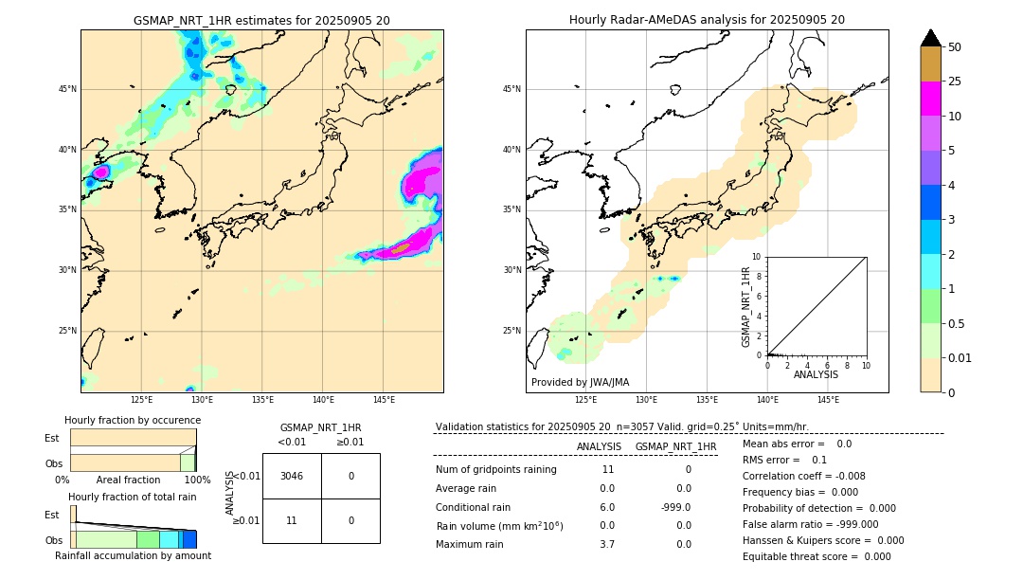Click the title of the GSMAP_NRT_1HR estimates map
(x=261, y=20)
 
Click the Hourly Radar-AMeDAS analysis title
(x=707, y=20)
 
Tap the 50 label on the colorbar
(x=955, y=47)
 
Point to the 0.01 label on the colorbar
(x=960, y=358)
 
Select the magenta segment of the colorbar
(x=930, y=99)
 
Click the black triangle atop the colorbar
(x=930, y=38)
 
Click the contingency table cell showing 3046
(x=292, y=476)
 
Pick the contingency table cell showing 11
(x=292, y=520)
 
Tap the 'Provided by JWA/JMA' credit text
(x=580, y=382)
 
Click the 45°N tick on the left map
(x=67, y=89)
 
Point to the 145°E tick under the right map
(x=828, y=400)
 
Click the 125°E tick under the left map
(x=141, y=400)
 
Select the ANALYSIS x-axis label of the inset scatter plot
(x=816, y=374)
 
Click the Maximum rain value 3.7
(x=607, y=544)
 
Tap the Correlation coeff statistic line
(x=803, y=476)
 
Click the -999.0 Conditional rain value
(x=675, y=507)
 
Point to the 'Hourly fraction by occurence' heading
(x=133, y=420)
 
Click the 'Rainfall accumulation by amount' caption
(x=133, y=555)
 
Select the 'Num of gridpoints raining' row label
(x=496, y=469)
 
